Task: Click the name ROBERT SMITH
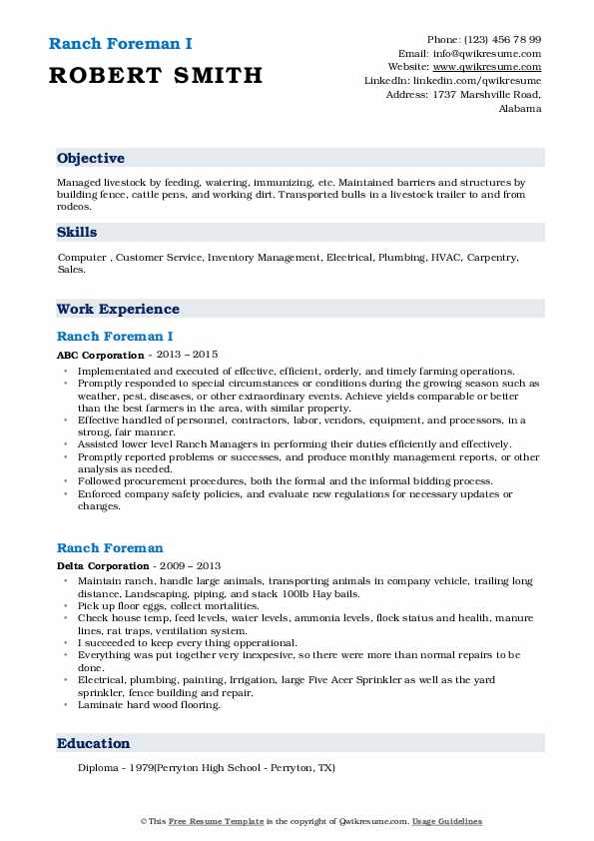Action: tap(155, 75)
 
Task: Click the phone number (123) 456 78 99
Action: tap(499, 39)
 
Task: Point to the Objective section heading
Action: tap(91, 159)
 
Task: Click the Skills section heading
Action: tap(77, 232)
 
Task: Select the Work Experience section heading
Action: tap(118, 309)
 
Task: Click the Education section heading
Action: tap(94, 743)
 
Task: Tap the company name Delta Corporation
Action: tap(104, 565)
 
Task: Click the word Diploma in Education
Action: tap(98, 768)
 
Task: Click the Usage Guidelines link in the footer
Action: tap(448, 821)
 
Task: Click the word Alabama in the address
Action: tap(519, 109)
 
